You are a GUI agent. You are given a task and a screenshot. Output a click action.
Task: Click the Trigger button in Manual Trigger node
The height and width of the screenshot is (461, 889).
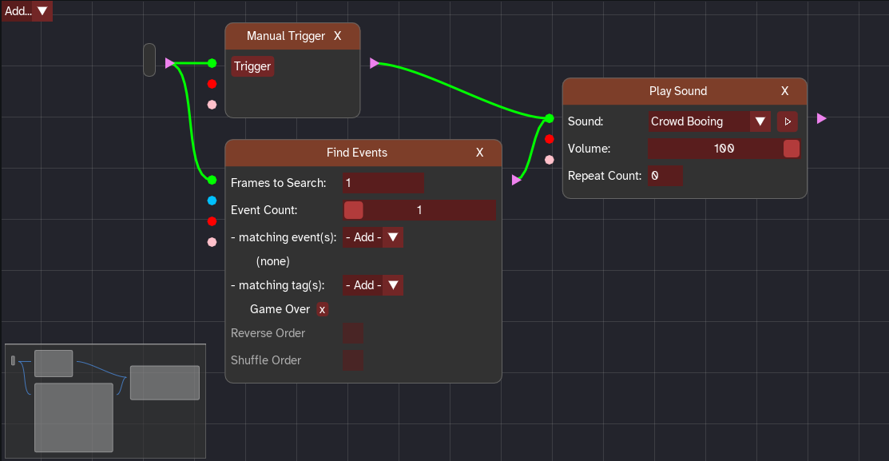pyautogui.click(x=252, y=66)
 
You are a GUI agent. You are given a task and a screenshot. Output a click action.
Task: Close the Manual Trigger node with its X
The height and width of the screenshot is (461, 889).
pyautogui.click(x=337, y=36)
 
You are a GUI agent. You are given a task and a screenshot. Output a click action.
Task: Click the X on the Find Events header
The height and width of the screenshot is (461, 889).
pyautogui.click(x=479, y=153)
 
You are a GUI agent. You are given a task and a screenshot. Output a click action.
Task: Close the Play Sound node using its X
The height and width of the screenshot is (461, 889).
pyautogui.click(x=784, y=91)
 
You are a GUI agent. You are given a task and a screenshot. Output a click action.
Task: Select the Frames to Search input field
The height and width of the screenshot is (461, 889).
pyautogui.click(x=383, y=183)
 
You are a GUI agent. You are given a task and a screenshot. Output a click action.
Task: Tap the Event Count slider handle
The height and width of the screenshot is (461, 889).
pyautogui.click(x=354, y=210)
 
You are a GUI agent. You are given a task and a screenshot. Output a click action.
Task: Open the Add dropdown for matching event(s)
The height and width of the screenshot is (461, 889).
pyautogui.click(x=373, y=237)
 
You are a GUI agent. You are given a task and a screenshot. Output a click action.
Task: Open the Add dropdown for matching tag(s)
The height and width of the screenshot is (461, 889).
pyautogui.click(x=373, y=285)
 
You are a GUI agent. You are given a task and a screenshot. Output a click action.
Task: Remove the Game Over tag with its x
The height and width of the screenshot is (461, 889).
pyautogui.click(x=322, y=309)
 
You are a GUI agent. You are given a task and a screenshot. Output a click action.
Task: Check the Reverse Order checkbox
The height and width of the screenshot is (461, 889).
pyautogui.click(x=353, y=333)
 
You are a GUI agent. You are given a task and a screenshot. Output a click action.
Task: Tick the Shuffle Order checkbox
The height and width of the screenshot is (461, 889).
pyautogui.click(x=353, y=360)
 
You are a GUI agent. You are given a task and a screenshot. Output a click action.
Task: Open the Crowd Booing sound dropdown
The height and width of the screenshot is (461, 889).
pyautogui.click(x=709, y=121)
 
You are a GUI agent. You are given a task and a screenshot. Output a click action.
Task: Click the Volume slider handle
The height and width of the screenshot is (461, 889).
pyautogui.click(x=791, y=149)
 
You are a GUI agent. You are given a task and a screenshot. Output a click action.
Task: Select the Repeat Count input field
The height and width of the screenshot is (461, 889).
pyautogui.click(x=665, y=176)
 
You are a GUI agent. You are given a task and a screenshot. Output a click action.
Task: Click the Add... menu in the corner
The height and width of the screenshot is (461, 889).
pyautogui.click(x=27, y=10)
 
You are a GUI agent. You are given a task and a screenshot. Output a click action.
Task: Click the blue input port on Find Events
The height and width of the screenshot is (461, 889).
pyautogui.click(x=212, y=201)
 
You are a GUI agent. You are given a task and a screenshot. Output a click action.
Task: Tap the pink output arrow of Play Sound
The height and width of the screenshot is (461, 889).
pyautogui.click(x=822, y=118)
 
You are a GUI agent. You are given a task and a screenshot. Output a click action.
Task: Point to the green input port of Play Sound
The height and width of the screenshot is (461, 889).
pyautogui.click(x=549, y=119)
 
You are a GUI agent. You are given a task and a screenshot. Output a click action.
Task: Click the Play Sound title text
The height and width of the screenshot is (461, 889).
pyautogui.click(x=678, y=91)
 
